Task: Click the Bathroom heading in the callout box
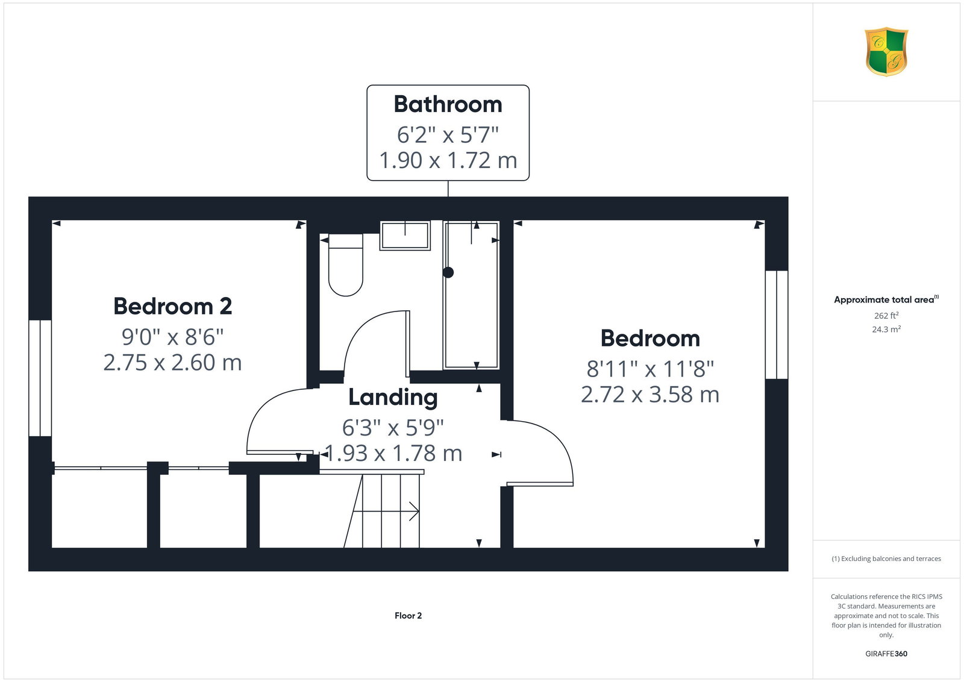[448, 105]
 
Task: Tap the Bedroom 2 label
[172, 307]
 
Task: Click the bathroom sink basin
[405, 236]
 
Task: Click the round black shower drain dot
[448, 272]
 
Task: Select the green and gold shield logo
[886, 52]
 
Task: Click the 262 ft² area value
[886, 316]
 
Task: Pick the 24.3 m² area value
[886, 329]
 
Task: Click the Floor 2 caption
[408, 616]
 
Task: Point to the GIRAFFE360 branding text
[886, 654]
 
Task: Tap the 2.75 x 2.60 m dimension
[172, 362]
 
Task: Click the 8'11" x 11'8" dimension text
[650, 369]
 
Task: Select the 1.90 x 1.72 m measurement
[448, 160]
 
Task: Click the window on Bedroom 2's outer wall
[40, 378]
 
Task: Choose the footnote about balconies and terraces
[886, 558]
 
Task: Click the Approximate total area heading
[886, 299]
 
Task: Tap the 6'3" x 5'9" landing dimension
[393, 428]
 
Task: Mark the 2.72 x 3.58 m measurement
[650, 395]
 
